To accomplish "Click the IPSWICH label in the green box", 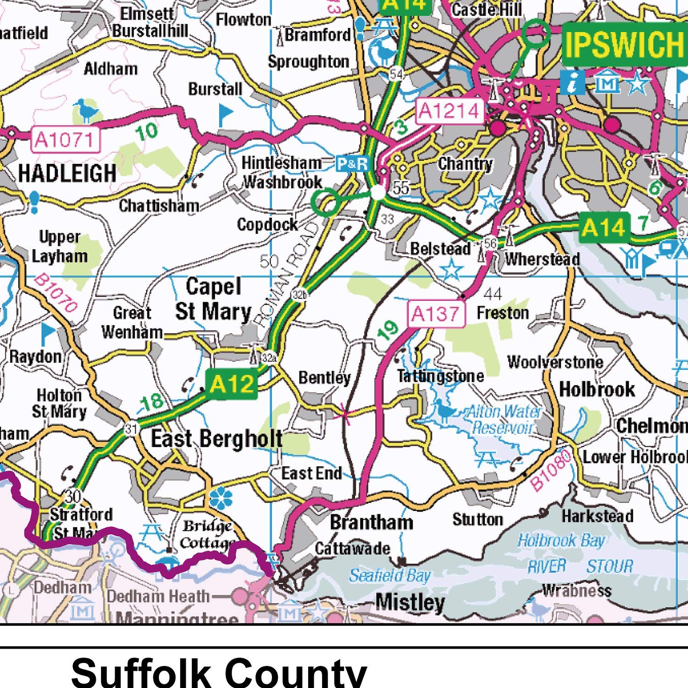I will (x=624, y=44).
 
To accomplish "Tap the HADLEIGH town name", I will (x=67, y=173).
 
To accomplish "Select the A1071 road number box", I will (x=66, y=139).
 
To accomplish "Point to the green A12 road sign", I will (x=231, y=383).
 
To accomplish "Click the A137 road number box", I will (x=436, y=314).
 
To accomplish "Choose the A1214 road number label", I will (x=449, y=111).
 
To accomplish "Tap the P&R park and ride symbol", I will (x=352, y=164).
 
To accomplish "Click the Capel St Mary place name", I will (x=214, y=299).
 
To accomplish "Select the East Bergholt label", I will (x=216, y=439).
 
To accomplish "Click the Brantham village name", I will (x=371, y=522).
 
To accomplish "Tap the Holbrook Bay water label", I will (x=560, y=541).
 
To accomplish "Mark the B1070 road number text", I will (x=55, y=294).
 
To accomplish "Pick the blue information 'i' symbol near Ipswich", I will (x=572, y=83).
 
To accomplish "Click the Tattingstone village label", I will (x=440, y=376).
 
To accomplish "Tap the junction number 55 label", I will (x=401, y=188).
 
